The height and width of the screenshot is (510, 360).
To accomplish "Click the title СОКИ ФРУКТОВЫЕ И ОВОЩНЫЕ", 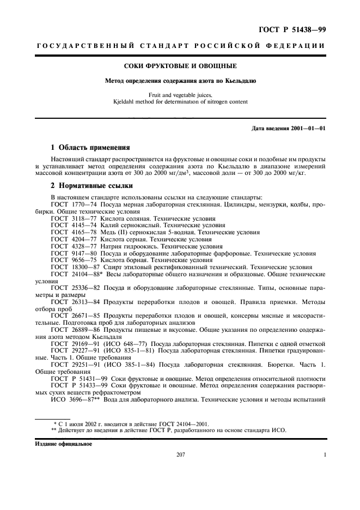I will pos(180,66).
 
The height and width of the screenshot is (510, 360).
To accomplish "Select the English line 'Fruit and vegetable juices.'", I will pos(180,95).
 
